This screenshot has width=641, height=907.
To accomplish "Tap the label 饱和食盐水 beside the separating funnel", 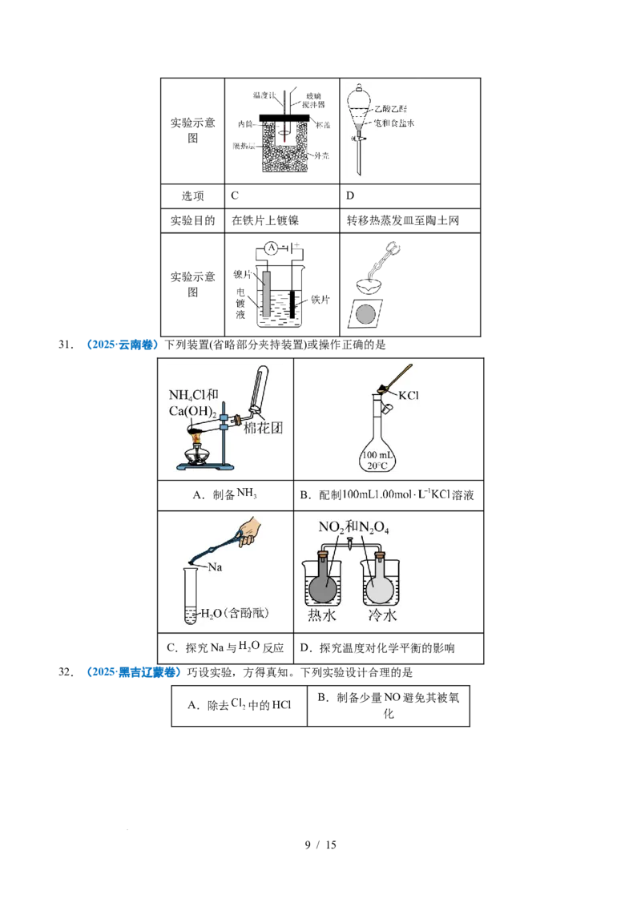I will [393, 123].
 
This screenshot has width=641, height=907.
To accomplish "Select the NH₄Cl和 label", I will [195, 395].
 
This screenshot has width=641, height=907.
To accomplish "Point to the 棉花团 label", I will [264, 429].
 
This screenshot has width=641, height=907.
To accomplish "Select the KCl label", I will [409, 395].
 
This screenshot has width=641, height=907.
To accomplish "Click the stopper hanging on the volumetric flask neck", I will [387, 409].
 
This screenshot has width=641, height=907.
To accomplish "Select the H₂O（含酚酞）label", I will [233, 614].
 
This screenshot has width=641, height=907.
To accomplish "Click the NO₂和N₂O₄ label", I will [349, 526].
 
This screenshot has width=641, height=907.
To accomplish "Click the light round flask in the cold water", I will [380, 588].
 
